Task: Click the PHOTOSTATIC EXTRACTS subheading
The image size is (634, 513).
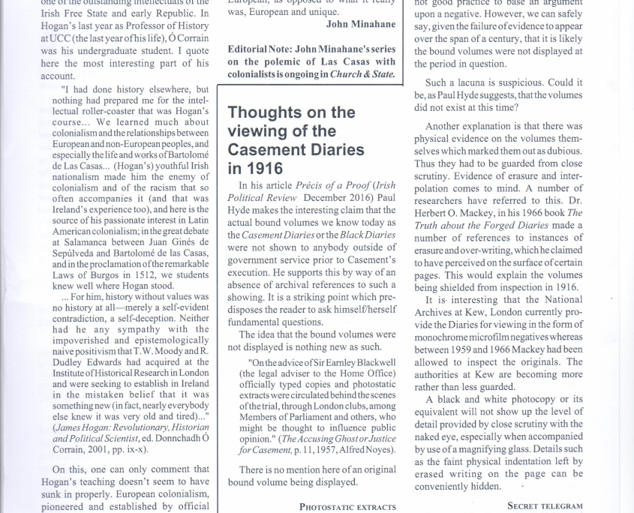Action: [x=347, y=506]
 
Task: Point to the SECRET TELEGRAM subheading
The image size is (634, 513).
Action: [x=545, y=505]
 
